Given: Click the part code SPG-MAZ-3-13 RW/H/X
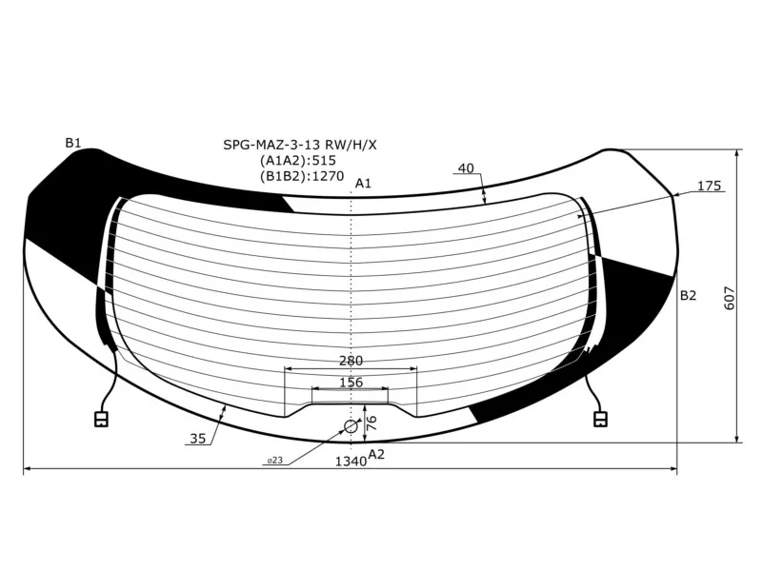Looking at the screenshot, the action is coord(300,145).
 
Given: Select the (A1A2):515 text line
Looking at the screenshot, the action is coord(298,160).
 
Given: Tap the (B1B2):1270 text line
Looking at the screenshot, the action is coord(302,176).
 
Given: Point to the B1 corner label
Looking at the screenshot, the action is coord(73,143).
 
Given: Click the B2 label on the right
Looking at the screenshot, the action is coord(688,295).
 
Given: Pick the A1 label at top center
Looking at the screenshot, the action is coord(363,183).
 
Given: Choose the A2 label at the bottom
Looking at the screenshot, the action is coord(376,454).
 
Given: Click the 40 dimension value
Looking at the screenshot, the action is coord(466,168).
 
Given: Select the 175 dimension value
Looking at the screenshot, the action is coord(709,186).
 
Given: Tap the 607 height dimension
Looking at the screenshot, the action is coord(730,298).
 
